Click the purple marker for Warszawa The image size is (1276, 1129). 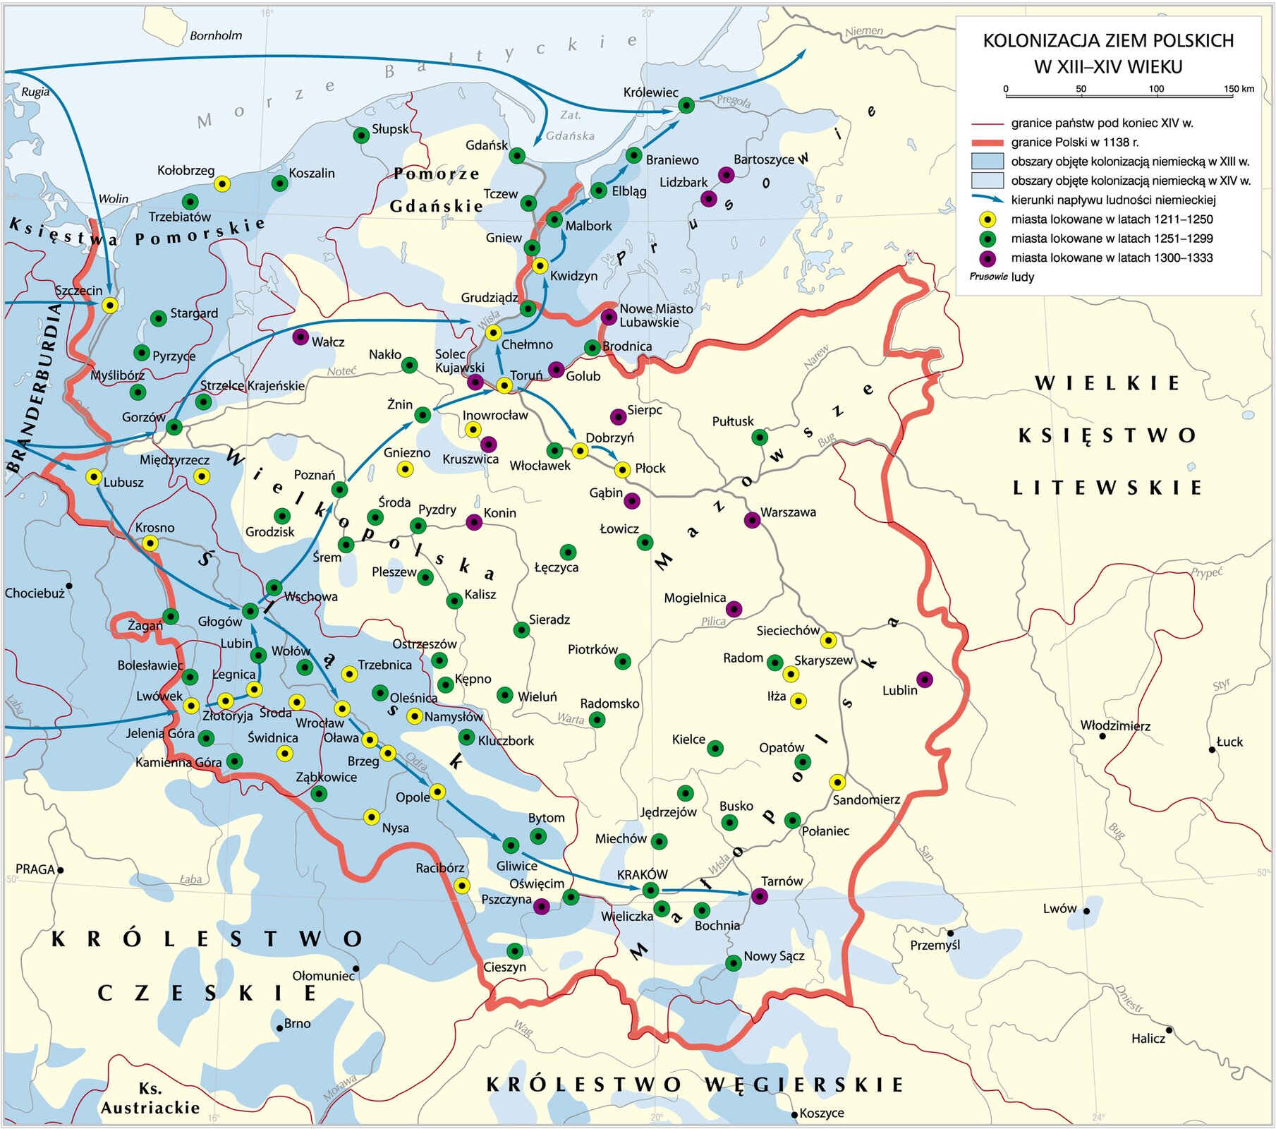tap(752, 521)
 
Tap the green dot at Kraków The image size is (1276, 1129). tap(650, 890)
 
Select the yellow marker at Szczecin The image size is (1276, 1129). tap(109, 305)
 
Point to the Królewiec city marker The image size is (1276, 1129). tap(686, 106)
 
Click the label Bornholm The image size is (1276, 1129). tap(216, 35)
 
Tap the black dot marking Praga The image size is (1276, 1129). tap(61, 870)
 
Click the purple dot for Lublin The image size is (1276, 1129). tap(924, 680)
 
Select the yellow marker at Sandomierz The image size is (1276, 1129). tap(837, 782)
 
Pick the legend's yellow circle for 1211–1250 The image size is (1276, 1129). tap(988, 219)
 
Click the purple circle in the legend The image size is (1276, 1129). tap(988, 258)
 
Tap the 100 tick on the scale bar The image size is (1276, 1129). tap(1156, 90)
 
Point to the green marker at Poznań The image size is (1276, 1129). tap(339, 489)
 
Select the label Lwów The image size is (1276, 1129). tap(1059, 909)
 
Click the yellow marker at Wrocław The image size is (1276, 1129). tap(341, 708)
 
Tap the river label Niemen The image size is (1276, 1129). tap(864, 31)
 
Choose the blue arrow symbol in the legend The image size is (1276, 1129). tap(987, 200)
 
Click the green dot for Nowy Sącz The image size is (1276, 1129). tap(734, 962)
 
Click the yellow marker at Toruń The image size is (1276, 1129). tap(504, 385)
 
